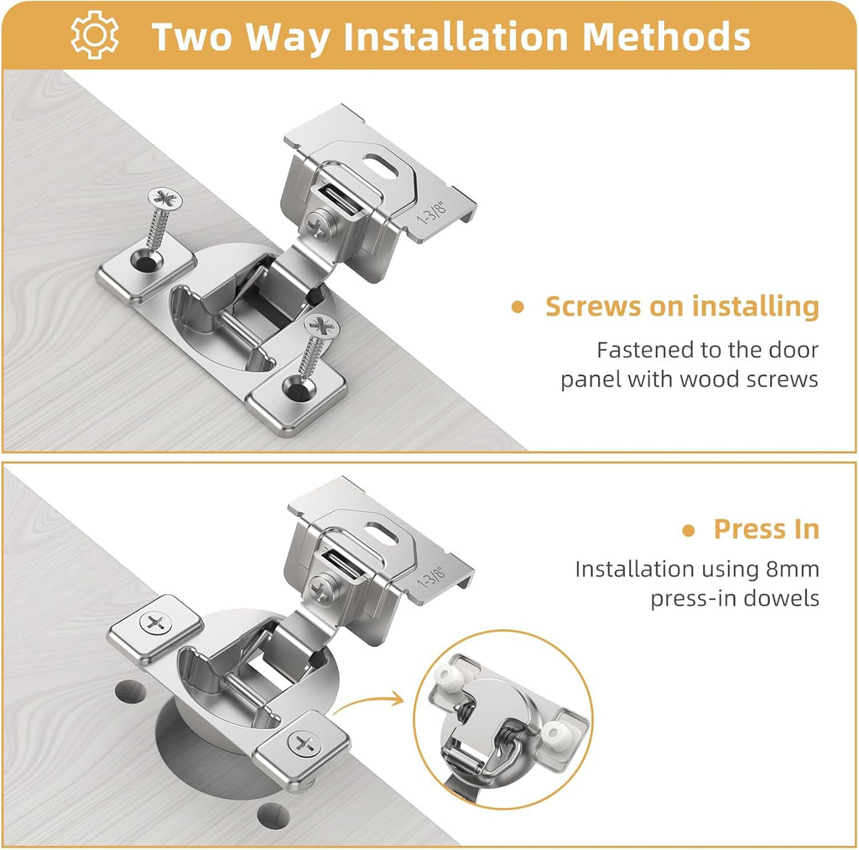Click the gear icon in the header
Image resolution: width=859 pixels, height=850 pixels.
pyautogui.click(x=95, y=35)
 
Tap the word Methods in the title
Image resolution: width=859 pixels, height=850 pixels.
pyautogui.click(x=666, y=36)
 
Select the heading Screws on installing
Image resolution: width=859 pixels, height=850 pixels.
pyautogui.click(x=681, y=306)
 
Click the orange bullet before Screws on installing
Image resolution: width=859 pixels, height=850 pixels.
pyautogui.click(x=518, y=307)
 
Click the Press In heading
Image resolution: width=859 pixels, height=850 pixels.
pyautogui.click(x=766, y=529)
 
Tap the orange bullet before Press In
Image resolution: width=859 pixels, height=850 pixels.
pyautogui.click(x=689, y=530)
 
